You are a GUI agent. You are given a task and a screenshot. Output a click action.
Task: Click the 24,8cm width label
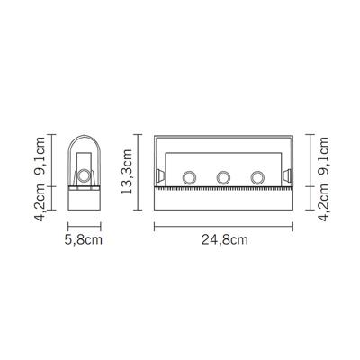tap(225, 240)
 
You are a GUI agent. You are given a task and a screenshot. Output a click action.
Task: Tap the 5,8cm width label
tap(84, 240)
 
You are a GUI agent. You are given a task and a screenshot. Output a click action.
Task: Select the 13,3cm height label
tap(126, 171)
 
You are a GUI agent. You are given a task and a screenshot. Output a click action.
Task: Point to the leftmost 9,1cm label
tap(39, 156)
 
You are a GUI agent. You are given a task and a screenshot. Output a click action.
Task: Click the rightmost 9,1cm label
tap(323, 156)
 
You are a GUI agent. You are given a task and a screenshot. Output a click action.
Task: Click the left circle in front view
tap(190, 177)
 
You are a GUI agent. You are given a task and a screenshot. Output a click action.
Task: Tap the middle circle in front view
tap(223, 177)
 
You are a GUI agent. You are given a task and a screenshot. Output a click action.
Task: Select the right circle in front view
tap(257, 177)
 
